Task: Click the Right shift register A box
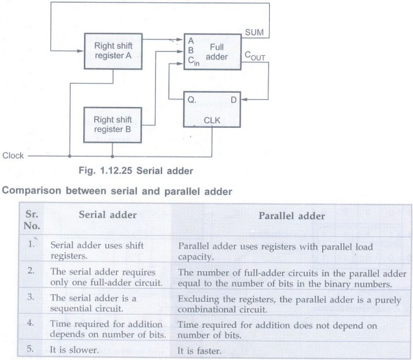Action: click(113, 51)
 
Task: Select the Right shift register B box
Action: click(113, 125)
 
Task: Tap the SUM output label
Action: click(254, 32)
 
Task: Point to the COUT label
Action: click(254, 56)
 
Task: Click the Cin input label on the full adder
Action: click(194, 61)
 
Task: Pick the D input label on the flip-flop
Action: click(233, 100)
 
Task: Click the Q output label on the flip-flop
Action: click(191, 100)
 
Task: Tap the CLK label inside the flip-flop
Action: click(212, 120)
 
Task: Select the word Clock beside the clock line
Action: click(13, 155)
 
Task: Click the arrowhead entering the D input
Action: click(244, 100)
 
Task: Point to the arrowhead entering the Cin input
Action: click(180, 64)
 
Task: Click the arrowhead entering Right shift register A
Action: click(80, 51)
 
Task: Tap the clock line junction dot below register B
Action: click(113, 157)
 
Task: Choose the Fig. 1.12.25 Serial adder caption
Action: click(136, 171)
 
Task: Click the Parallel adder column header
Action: click(292, 216)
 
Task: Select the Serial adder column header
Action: click(108, 215)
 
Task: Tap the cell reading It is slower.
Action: click(74, 350)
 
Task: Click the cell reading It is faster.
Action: click(199, 351)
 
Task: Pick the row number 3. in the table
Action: click(31, 297)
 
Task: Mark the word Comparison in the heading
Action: click(31, 191)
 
